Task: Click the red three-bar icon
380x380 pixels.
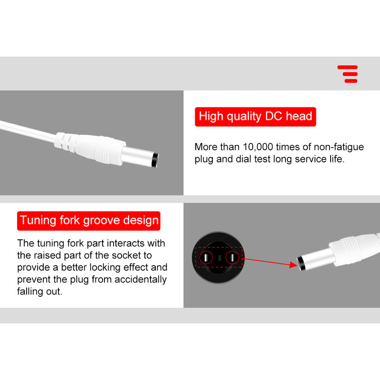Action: (348, 74)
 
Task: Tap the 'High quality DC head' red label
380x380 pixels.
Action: (256, 116)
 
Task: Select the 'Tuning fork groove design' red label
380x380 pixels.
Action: (89, 221)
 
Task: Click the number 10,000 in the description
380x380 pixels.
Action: (258, 147)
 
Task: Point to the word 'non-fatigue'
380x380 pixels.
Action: (339, 147)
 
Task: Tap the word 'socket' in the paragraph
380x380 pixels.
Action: (126, 255)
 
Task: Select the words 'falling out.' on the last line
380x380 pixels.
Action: (39, 291)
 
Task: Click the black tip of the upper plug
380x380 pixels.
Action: (155, 160)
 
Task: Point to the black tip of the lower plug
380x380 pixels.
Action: (301, 263)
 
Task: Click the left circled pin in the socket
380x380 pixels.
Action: (206, 257)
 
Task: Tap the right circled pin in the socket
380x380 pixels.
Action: (232, 257)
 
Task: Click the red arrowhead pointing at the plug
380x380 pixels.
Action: (294, 265)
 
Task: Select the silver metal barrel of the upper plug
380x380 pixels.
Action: (137, 156)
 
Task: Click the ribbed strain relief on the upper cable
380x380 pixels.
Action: (66, 141)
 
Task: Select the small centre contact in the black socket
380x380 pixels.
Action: (219, 257)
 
